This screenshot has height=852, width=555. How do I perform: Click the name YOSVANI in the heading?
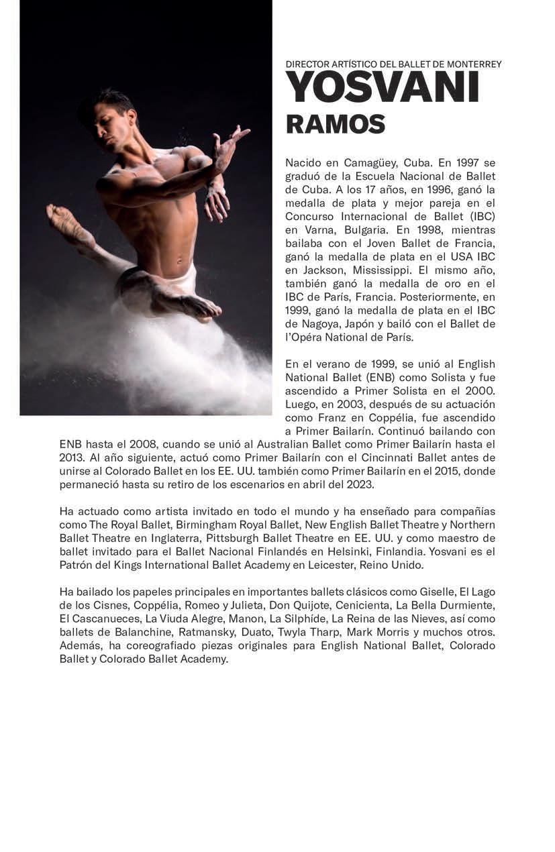(x=382, y=87)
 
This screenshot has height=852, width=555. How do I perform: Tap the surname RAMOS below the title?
(x=335, y=124)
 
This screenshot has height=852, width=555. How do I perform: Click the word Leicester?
(x=334, y=565)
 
